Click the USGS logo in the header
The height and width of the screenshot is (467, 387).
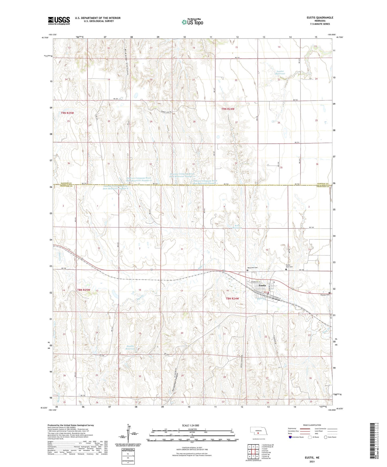tap(59, 21)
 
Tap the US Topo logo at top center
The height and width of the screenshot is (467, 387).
tap(192, 22)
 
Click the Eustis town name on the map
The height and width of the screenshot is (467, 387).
tap(262, 285)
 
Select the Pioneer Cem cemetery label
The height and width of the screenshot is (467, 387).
tap(324, 295)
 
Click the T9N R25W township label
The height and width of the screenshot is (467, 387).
tap(67, 113)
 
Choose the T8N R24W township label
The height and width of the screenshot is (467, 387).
tap(232, 298)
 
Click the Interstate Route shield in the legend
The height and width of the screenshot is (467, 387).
tap(290, 437)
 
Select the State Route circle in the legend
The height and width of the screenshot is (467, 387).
tap(326, 437)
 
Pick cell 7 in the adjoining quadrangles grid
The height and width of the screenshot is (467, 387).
tap(253, 457)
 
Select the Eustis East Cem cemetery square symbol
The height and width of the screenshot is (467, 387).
tap(286, 270)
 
